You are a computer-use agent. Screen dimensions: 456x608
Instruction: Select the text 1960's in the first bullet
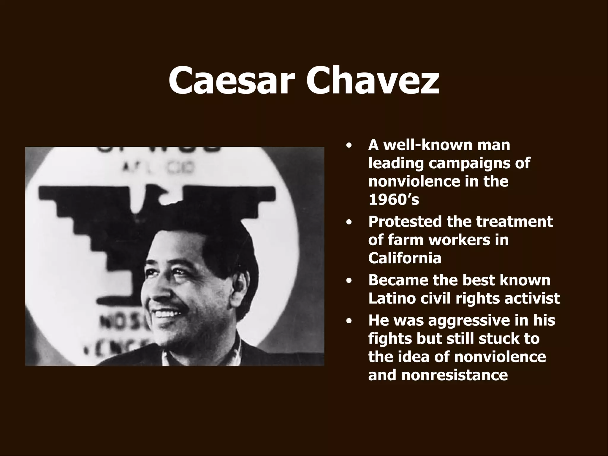click(393, 200)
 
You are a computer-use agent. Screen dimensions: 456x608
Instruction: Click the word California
click(405, 258)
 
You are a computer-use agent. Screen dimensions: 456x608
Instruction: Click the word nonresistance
click(455, 375)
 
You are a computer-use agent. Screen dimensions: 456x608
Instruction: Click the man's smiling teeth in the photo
click(168, 313)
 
